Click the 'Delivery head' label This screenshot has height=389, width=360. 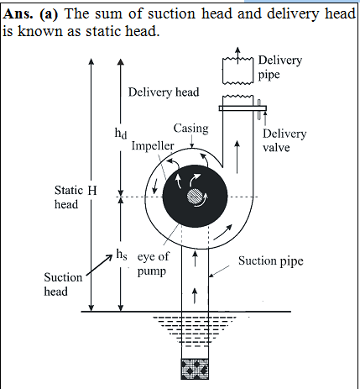click(164, 92)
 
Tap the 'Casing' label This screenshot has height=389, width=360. click(191, 129)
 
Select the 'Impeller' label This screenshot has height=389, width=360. click(153, 146)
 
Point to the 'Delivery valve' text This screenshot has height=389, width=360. click(284, 140)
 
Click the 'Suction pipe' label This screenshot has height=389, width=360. click(271, 261)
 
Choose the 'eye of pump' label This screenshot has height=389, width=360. click(153, 264)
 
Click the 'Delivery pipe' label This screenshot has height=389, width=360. click(280, 67)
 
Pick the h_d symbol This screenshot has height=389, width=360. click(121, 133)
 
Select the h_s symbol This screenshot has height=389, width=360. click(122, 255)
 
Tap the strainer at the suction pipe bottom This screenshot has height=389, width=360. click(195, 369)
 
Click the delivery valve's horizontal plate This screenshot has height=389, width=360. click(243, 108)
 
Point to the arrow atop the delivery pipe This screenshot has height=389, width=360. click(237, 55)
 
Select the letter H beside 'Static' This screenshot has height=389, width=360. click(92, 191)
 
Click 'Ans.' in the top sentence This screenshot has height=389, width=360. click(18, 13)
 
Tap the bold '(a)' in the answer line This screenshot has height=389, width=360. click(49, 14)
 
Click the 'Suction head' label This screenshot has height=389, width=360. click(63, 284)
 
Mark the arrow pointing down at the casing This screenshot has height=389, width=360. click(191, 142)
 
